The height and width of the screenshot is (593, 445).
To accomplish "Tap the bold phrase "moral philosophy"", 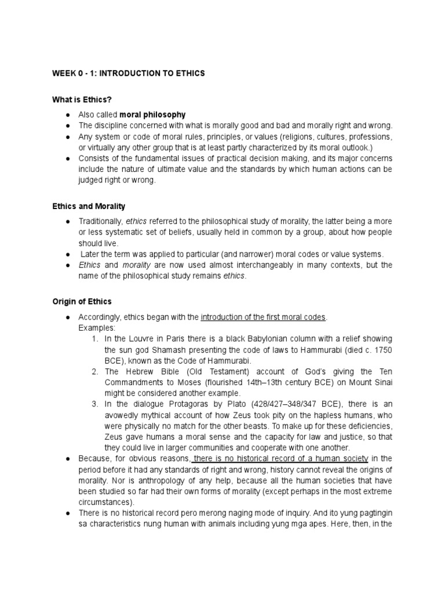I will coord(152,114).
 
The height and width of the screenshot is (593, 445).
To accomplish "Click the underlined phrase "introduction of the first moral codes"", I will coord(264,317).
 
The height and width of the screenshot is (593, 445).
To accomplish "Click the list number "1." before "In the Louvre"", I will coord(95,339).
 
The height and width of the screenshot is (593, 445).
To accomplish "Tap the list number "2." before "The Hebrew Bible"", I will coord(95,371).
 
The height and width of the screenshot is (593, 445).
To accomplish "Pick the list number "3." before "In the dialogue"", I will coord(95,404).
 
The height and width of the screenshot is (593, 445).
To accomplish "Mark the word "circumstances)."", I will coord(106,502).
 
